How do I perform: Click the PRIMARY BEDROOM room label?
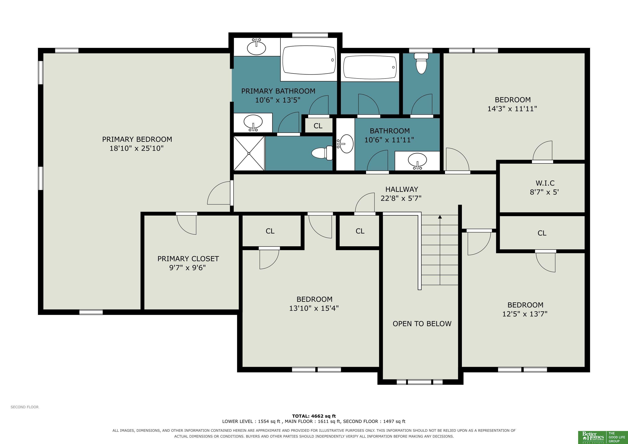tap(137, 139)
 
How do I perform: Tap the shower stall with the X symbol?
tap(249, 153)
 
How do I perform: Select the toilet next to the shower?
tap(322, 153)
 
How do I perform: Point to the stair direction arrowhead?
tap(440, 217)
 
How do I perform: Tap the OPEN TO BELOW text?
tap(422, 324)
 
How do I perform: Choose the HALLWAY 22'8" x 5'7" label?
tap(401, 194)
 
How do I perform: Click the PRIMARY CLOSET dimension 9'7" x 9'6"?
tap(188, 267)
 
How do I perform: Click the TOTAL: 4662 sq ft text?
tap(314, 416)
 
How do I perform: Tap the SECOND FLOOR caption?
tap(25, 407)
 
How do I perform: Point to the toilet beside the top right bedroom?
tap(421, 63)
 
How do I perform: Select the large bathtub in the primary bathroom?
tap(309, 60)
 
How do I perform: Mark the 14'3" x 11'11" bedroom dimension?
tap(512, 109)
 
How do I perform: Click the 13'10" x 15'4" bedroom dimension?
tap(314, 308)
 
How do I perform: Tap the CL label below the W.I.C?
tap(542, 233)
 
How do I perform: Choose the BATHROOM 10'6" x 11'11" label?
tap(389, 135)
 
